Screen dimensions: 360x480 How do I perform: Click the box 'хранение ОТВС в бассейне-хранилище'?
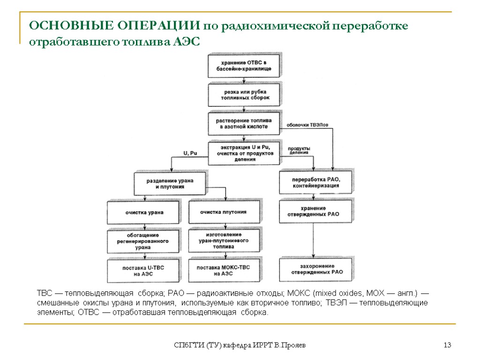click(x=244, y=66)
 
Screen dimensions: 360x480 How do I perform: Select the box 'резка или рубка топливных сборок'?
click(x=244, y=95)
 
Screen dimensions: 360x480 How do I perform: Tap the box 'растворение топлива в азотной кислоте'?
click(x=244, y=123)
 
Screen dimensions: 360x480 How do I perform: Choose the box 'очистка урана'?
click(x=143, y=212)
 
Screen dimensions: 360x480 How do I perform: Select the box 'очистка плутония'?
click(x=224, y=212)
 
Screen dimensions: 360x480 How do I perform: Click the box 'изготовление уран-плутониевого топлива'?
click(x=224, y=240)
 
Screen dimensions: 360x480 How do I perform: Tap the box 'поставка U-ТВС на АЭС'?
click(x=143, y=270)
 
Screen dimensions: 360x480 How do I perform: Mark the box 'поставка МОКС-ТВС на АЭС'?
click(x=224, y=270)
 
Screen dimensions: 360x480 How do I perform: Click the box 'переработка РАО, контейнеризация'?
click(x=315, y=182)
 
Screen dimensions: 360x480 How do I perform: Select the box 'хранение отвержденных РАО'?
click(x=315, y=211)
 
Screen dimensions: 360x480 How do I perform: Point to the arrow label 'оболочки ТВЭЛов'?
click(x=304, y=125)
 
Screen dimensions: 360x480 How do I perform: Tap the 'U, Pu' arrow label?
click(x=190, y=153)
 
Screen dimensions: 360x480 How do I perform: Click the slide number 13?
click(x=447, y=345)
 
